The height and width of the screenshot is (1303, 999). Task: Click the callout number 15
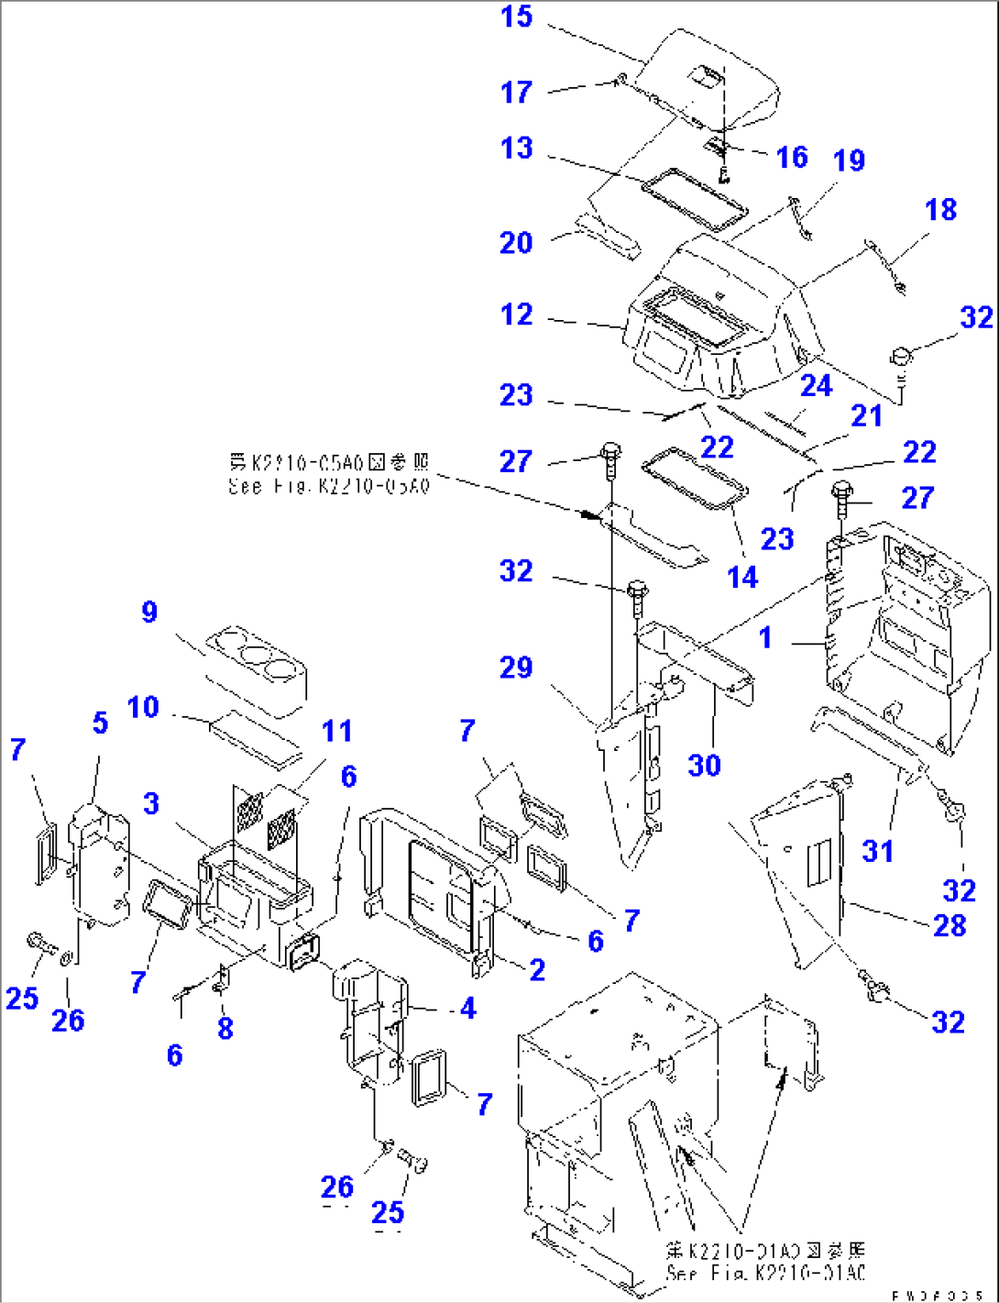[516, 17]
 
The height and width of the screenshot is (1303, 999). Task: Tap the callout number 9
[149, 612]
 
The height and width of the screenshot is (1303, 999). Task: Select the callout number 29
[516, 667]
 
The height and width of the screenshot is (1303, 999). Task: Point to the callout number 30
[704, 765]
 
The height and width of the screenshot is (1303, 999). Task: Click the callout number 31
[877, 851]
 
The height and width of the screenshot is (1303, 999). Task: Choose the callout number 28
[950, 925]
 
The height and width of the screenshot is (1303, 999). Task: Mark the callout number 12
[516, 315]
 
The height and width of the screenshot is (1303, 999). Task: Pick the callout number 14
[742, 577]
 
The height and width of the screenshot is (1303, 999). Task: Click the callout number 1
[765, 637]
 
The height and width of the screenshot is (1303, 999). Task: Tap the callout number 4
[467, 1008]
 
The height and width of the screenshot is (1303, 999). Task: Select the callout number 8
[225, 1028]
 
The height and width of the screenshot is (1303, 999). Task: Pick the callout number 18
[940, 209]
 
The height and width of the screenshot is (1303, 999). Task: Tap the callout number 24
[816, 385]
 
